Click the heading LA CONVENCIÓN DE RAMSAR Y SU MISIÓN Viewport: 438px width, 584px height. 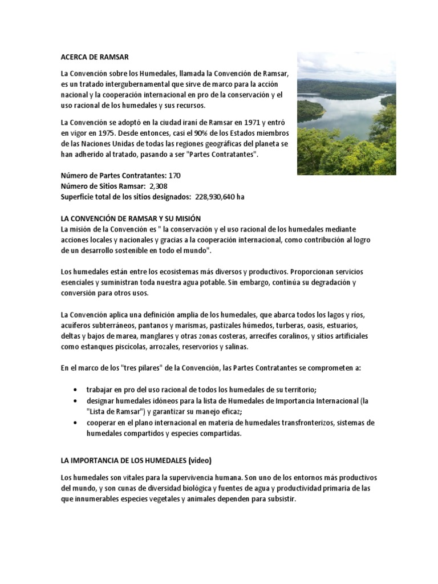pyautogui.click(x=131, y=219)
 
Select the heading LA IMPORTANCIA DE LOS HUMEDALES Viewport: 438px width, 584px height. pyautogui.click(x=124, y=460)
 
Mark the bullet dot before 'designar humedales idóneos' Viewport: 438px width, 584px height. pyautogui.click(x=76, y=401)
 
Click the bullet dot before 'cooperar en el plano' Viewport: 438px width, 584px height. pyautogui.click(x=76, y=423)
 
